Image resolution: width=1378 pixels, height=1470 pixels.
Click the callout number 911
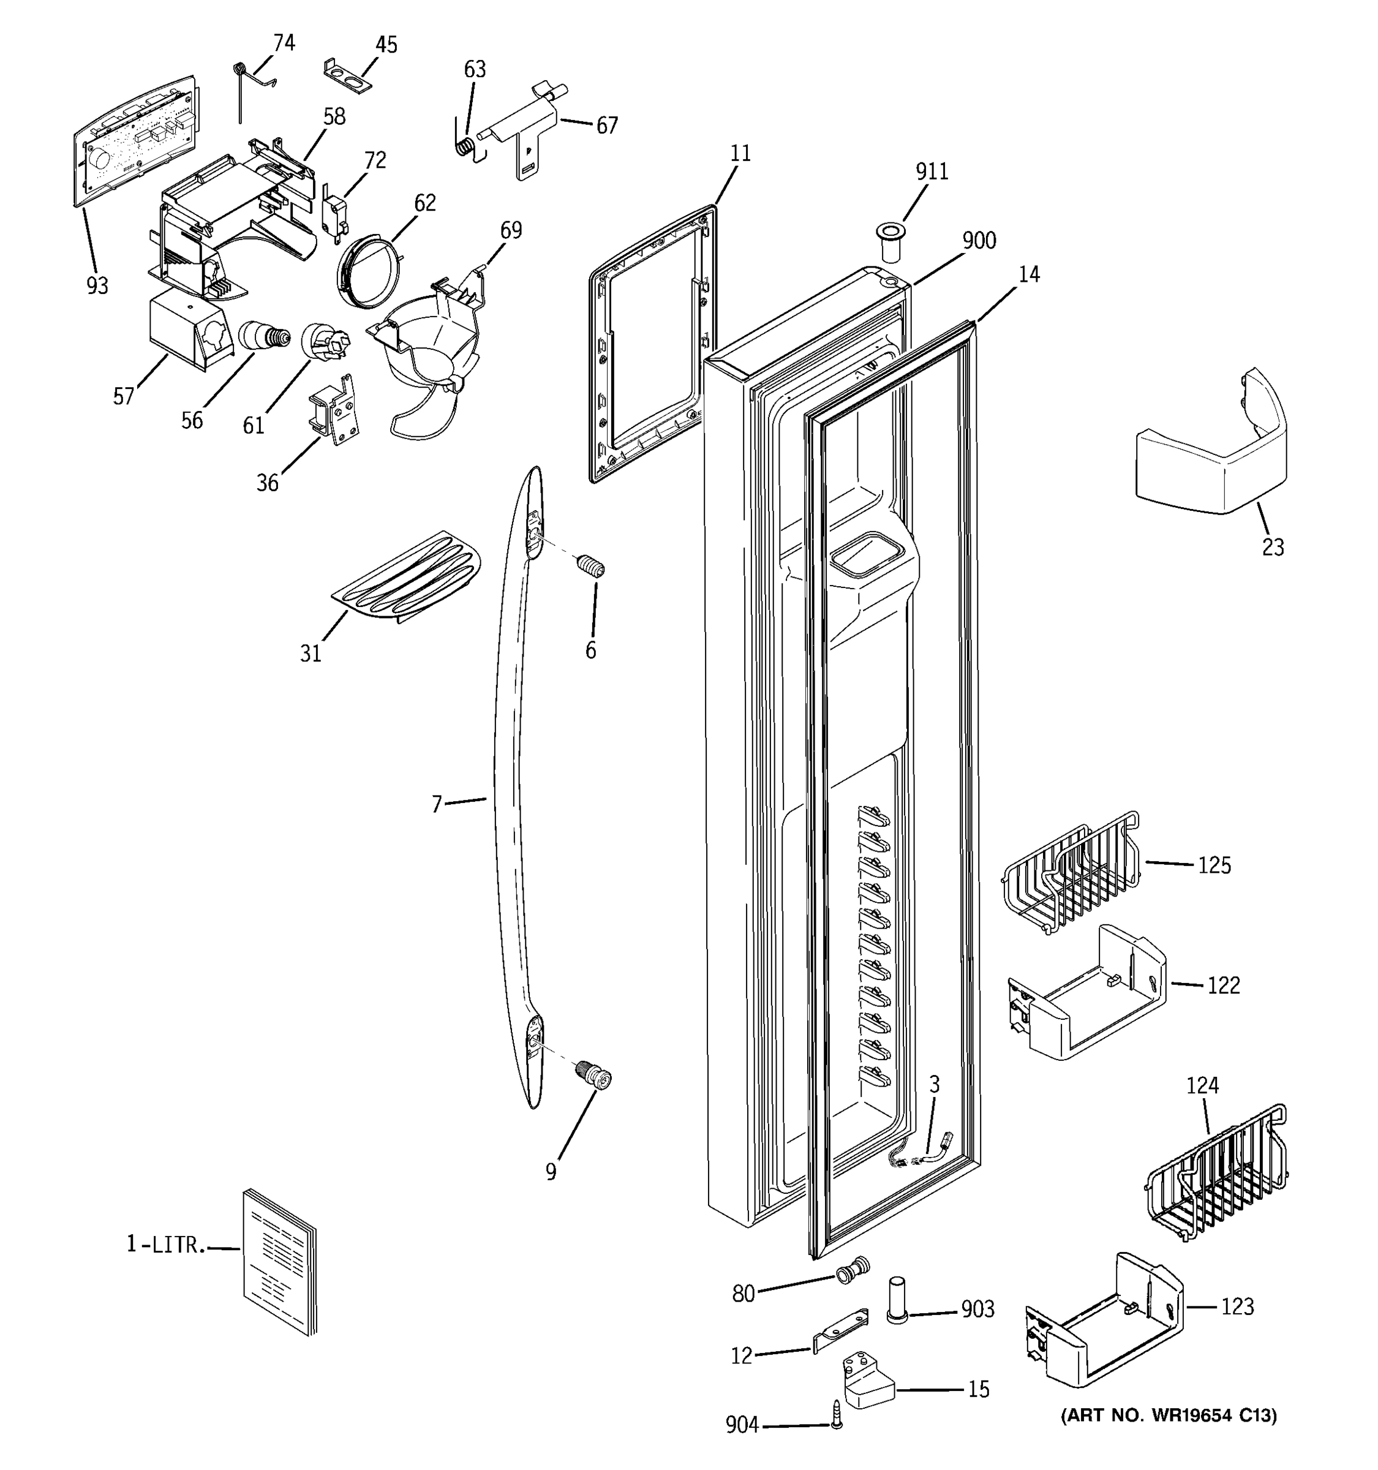click(x=932, y=171)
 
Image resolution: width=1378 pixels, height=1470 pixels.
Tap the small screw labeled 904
click(x=836, y=1413)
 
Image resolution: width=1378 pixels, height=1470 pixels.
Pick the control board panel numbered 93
click(x=135, y=140)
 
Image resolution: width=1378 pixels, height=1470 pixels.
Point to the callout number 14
click(x=1028, y=274)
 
